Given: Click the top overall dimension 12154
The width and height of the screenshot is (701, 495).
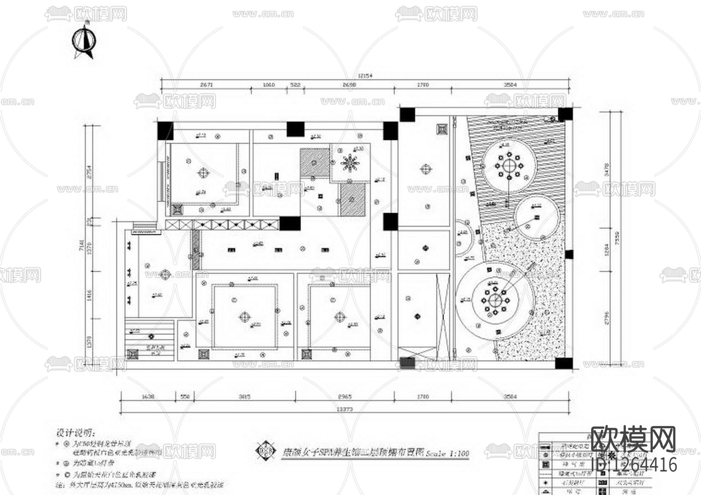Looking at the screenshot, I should pos(366,75).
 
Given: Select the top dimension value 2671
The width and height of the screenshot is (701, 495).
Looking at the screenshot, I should pos(206,85).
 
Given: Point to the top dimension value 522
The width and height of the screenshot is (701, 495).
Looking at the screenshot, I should pos(295,85).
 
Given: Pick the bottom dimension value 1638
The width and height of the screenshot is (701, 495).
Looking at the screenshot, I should pos(147,396).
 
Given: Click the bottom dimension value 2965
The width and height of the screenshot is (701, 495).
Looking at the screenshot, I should pos(344,396).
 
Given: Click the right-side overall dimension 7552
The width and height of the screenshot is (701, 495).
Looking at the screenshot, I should pos(617,237).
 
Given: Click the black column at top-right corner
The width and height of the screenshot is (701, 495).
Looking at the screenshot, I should pos(565,114).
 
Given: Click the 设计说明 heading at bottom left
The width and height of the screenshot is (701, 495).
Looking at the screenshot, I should pos(76,434).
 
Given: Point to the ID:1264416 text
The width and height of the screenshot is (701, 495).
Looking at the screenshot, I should pos(634,465).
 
